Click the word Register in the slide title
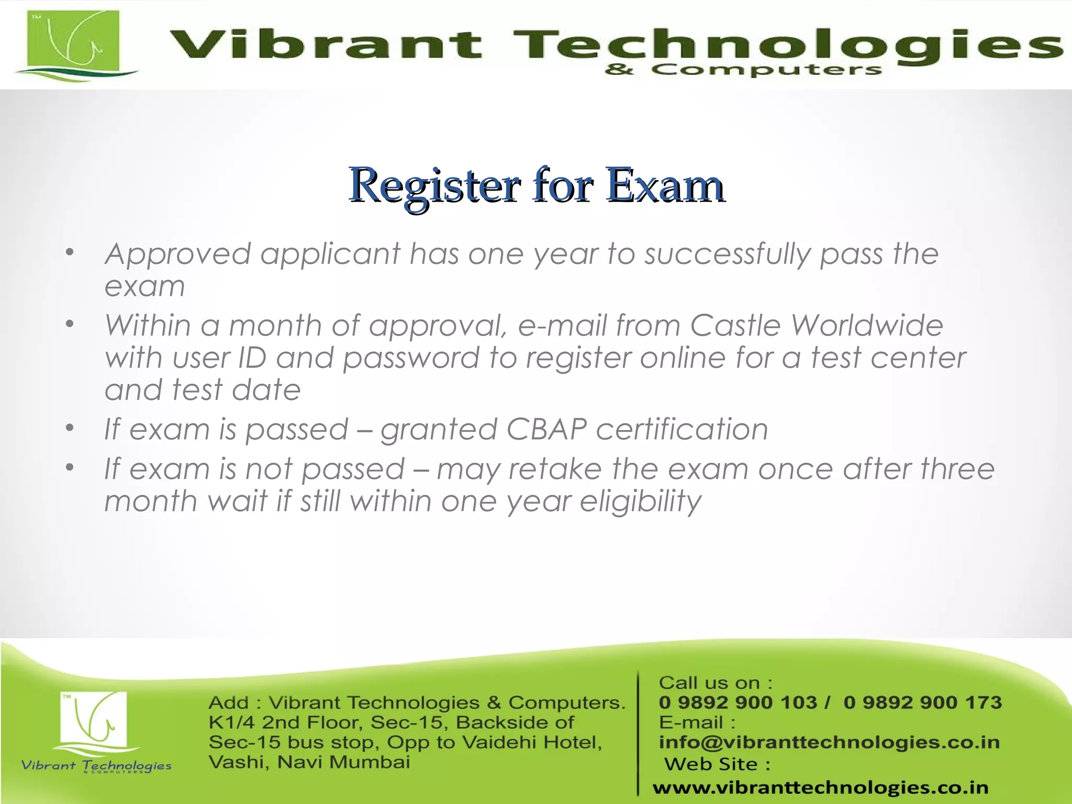tap(434, 185)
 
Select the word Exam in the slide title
tap(665, 185)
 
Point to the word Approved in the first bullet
tap(178, 254)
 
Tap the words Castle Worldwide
tap(817, 326)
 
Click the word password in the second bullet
tap(411, 359)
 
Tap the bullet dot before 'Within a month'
tap(70, 324)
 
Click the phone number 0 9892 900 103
tap(738, 702)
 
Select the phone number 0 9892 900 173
tap(922, 702)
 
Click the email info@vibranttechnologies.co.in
tap(829, 742)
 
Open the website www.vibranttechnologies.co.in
tap(820, 787)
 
